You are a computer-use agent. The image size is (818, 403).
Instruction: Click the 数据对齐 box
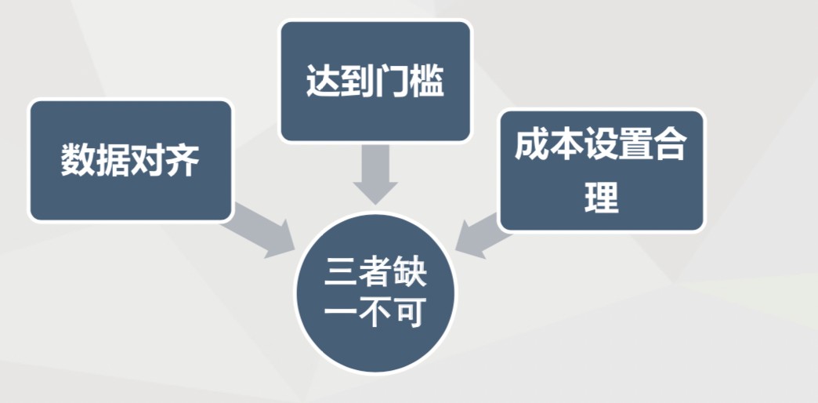131,160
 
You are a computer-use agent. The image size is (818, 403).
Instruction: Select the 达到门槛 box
375,82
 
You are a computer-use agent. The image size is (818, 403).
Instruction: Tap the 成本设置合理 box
601,170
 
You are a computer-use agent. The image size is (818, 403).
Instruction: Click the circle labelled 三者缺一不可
375,293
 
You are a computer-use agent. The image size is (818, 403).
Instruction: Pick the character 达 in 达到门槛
323,82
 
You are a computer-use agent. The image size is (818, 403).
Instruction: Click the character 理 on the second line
601,197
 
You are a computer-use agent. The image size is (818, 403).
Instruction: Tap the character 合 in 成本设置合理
670,146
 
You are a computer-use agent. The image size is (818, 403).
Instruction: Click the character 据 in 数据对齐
113,161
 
